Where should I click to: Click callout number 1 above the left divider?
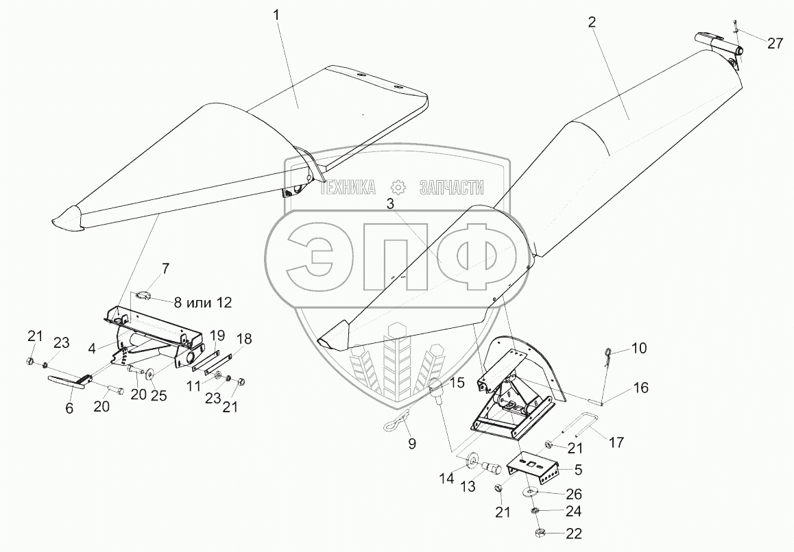coord(277,14)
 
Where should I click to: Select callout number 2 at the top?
coord(592,22)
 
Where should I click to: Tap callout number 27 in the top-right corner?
coord(775,43)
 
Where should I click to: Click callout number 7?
coord(165,267)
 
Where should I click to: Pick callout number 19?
coord(217,335)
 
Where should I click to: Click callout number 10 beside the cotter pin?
coord(638,349)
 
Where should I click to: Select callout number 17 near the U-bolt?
coord(616,443)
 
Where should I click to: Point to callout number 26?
coord(574,494)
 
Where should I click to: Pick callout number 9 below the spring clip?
coord(411,443)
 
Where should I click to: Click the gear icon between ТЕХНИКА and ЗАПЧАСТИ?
coord(397,188)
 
